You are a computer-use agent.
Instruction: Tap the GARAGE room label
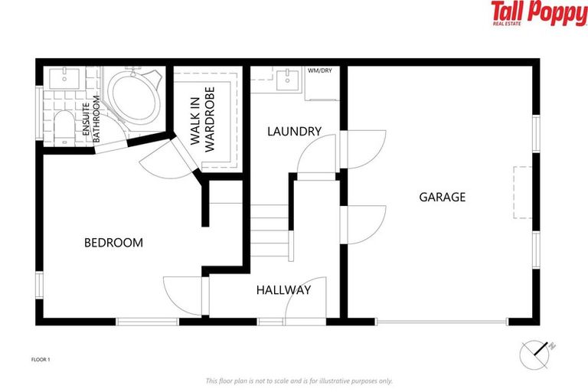tap(442, 197)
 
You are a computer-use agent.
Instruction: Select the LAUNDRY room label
tap(294, 132)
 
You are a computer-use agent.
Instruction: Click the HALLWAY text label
tap(283, 290)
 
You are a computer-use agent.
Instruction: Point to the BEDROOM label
tap(113, 243)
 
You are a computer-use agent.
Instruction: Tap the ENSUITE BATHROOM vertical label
tap(92, 121)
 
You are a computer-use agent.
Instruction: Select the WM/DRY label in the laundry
tap(319, 71)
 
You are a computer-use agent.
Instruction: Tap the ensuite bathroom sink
tap(63, 77)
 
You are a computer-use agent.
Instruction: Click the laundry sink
tap(289, 77)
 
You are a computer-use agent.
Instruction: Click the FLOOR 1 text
tap(41, 358)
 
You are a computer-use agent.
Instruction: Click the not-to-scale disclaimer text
tap(299, 381)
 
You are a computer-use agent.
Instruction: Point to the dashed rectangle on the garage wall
tap(523, 192)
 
